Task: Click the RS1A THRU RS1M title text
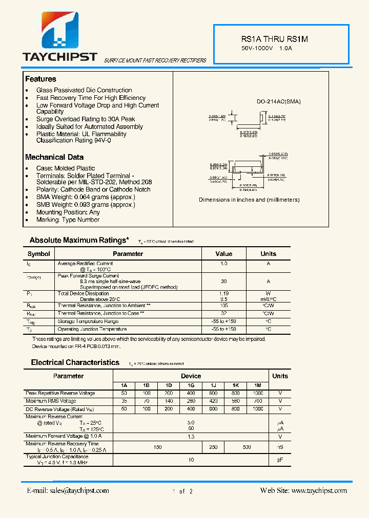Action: [274, 39]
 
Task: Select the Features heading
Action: [40, 79]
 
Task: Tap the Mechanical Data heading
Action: [54, 157]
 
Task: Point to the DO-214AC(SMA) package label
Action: [278, 101]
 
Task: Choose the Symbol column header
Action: [39, 254]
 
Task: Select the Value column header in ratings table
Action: [223, 254]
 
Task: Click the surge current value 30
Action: [223, 281]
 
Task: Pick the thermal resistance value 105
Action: [223, 305]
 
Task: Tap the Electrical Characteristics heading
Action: [75, 362]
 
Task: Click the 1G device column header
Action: [191, 385]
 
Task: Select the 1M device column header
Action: [257, 385]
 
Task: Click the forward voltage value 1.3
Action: [191, 437]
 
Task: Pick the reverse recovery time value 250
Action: [213, 447]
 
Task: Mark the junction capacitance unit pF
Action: [280, 460]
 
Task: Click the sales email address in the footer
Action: [68, 490]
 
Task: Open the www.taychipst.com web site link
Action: [303, 490]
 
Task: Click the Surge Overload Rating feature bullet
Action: [86, 119]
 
